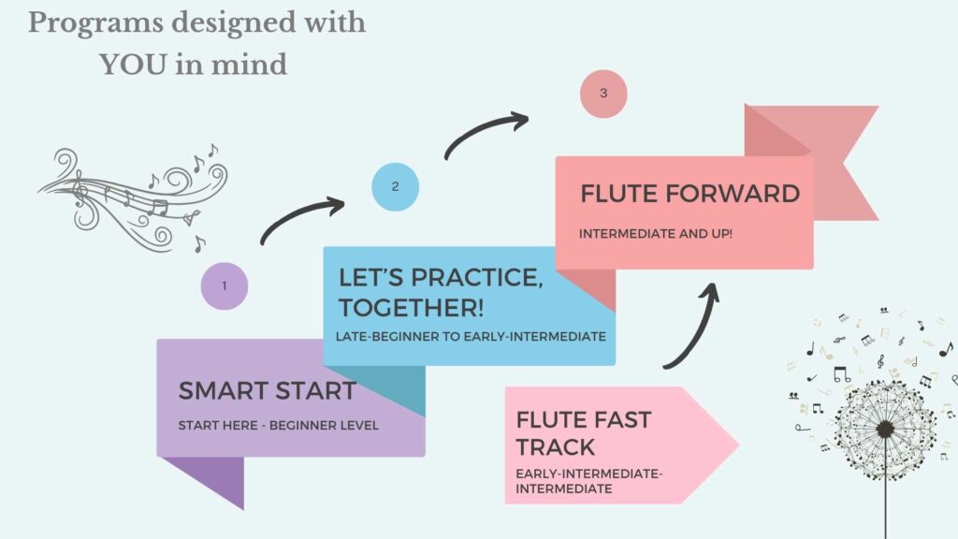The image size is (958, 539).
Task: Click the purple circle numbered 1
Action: coord(225,285)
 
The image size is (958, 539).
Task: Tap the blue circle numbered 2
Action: coord(395,186)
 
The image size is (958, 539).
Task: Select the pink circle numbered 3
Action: coord(603,94)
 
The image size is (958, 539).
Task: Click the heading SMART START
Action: coord(267,391)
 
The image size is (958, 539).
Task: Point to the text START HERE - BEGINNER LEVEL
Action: coord(278,426)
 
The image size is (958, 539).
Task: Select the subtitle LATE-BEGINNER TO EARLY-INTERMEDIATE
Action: coord(472,336)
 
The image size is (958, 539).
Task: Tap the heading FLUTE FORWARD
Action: coord(689,195)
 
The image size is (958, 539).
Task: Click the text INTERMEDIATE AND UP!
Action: coord(655,232)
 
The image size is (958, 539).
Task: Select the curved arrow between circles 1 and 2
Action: coord(301,220)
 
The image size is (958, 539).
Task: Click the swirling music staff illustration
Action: coord(140,197)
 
